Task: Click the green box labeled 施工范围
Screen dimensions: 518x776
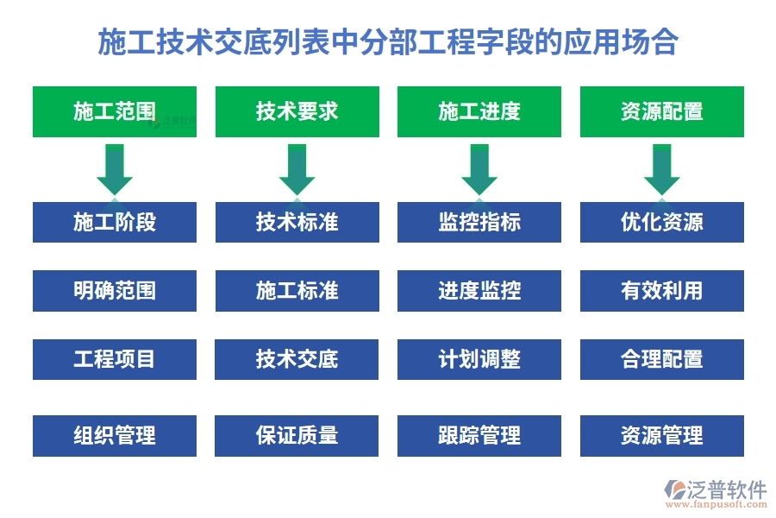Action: (115, 111)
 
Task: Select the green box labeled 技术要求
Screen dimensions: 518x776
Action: (297, 111)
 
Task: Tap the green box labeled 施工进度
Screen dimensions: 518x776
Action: (479, 111)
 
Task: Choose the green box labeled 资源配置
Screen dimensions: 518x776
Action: (661, 111)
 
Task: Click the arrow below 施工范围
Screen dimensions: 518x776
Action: (115, 168)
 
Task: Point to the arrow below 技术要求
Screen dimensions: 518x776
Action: (297, 168)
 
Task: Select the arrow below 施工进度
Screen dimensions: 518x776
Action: (479, 168)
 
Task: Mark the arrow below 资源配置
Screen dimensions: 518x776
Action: (661, 168)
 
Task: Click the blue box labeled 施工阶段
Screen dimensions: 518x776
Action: (115, 222)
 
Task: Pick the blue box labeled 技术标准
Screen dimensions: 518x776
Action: (297, 222)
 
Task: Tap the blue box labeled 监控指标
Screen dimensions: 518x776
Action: (479, 222)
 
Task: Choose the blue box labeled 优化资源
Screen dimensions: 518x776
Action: (661, 222)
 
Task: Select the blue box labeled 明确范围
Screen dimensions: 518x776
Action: (115, 291)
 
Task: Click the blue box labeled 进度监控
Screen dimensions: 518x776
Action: (479, 291)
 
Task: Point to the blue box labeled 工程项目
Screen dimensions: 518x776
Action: (115, 359)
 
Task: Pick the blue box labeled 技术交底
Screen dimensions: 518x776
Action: (297, 359)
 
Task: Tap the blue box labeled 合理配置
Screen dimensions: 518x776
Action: (661, 359)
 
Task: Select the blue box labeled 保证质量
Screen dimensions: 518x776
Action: (297, 436)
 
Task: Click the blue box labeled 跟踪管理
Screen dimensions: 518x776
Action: (479, 436)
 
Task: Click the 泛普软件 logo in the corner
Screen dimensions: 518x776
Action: (715, 495)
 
